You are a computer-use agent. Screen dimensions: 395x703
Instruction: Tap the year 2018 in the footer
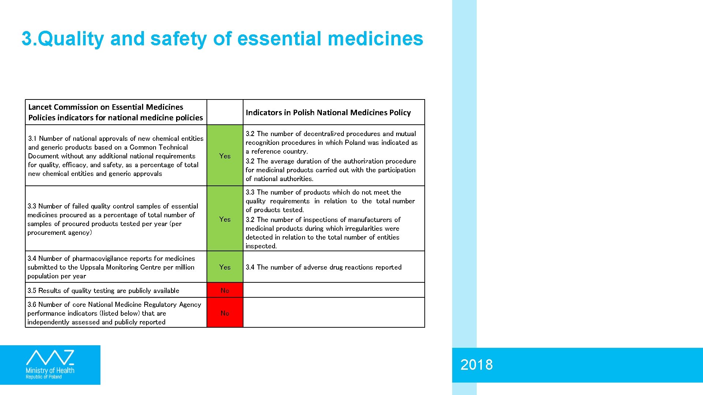tap(476, 365)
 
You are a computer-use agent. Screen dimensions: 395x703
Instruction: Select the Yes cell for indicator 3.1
tap(225, 156)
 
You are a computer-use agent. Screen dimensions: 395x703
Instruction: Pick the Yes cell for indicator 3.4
tap(225, 267)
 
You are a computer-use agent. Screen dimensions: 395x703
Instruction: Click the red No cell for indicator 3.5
tap(225, 290)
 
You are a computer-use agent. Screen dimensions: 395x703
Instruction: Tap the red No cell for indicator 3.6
tap(225, 313)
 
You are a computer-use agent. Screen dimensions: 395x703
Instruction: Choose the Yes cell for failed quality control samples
tap(225, 219)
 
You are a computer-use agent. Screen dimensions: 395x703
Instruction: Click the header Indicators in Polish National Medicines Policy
tap(328, 113)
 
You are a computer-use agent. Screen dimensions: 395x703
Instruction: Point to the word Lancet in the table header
tap(40, 107)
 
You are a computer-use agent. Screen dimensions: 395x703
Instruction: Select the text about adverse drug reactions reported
tap(324, 267)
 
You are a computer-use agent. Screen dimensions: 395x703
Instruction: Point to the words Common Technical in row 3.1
tap(159, 147)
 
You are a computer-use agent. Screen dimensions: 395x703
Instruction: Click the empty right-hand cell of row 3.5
tap(334, 290)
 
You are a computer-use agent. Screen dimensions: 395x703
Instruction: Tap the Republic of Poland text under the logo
tap(44, 377)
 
